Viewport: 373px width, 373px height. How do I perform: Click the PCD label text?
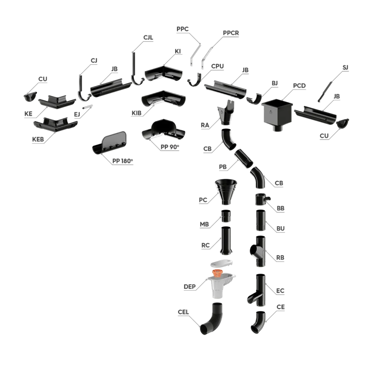pyautogui.click(x=299, y=86)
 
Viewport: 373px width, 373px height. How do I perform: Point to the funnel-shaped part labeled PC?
pyautogui.click(x=226, y=192)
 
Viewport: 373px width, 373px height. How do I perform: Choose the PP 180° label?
pyautogui.click(x=122, y=161)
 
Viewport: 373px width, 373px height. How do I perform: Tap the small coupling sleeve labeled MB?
pyautogui.click(x=226, y=216)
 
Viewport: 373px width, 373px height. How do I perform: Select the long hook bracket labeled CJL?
pyautogui.click(x=137, y=69)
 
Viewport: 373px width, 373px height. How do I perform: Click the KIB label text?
pyautogui.click(x=137, y=113)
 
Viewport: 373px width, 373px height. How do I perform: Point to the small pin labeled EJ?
pyautogui.click(x=87, y=107)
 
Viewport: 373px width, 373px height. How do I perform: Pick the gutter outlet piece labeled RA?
pyautogui.click(x=226, y=112)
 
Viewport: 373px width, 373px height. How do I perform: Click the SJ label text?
pyautogui.click(x=345, y=67)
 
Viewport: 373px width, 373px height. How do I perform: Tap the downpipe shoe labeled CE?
pyautogui.click(x=258, y=322)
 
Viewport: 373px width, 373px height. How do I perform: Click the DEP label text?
pyautogui.click(x=189, y=287)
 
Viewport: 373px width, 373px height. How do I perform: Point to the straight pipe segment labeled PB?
pyautogui.click(x=244, y=158)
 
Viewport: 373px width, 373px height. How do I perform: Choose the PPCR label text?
pyautogui.click(x=231, y=33)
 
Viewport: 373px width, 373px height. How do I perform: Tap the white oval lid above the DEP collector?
pyautogui.click(x=221, y=263)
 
